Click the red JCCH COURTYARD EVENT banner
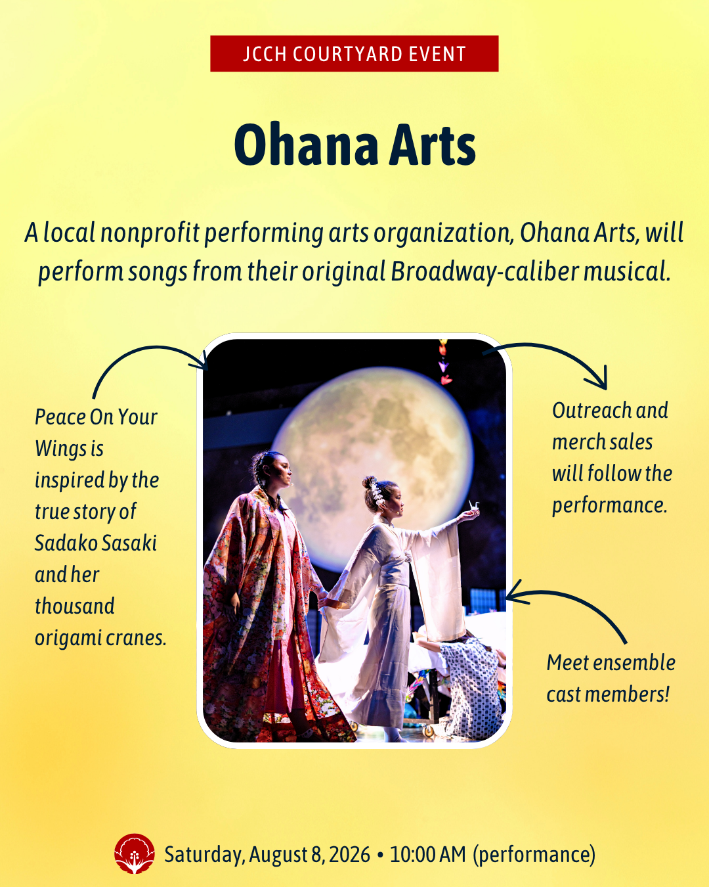354,54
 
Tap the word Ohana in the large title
306,145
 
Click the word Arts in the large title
433,145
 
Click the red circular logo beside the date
135,853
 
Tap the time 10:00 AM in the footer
427,854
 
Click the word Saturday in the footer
202,855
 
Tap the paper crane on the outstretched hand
474,505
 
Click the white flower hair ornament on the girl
375,491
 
